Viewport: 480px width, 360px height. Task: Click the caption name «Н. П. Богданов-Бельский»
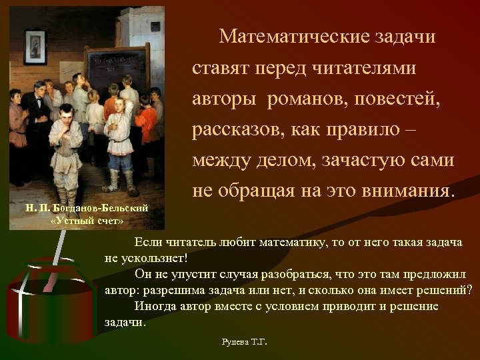point(87,209)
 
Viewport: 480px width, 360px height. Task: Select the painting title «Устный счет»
point(87,221)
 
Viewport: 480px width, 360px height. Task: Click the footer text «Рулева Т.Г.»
point(244,342)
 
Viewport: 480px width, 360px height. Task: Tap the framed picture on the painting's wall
point(34,43)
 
